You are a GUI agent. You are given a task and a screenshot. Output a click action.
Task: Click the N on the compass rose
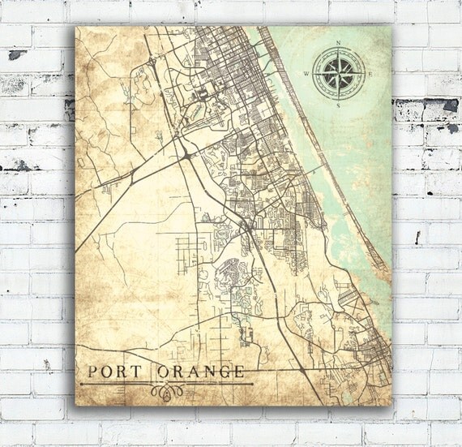coord(339,44)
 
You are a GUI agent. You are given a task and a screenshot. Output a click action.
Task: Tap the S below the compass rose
coord(339,103)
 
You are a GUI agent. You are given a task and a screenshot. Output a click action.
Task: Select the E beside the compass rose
coord(369,75)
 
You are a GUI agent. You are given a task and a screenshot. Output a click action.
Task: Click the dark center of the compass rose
coord(339,75)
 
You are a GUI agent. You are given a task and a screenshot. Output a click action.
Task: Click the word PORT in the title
coord(113,372)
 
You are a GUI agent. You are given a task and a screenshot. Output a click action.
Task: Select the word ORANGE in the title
coord(199,372)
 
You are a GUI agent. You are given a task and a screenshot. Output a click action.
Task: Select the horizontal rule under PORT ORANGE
coord(162,382)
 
